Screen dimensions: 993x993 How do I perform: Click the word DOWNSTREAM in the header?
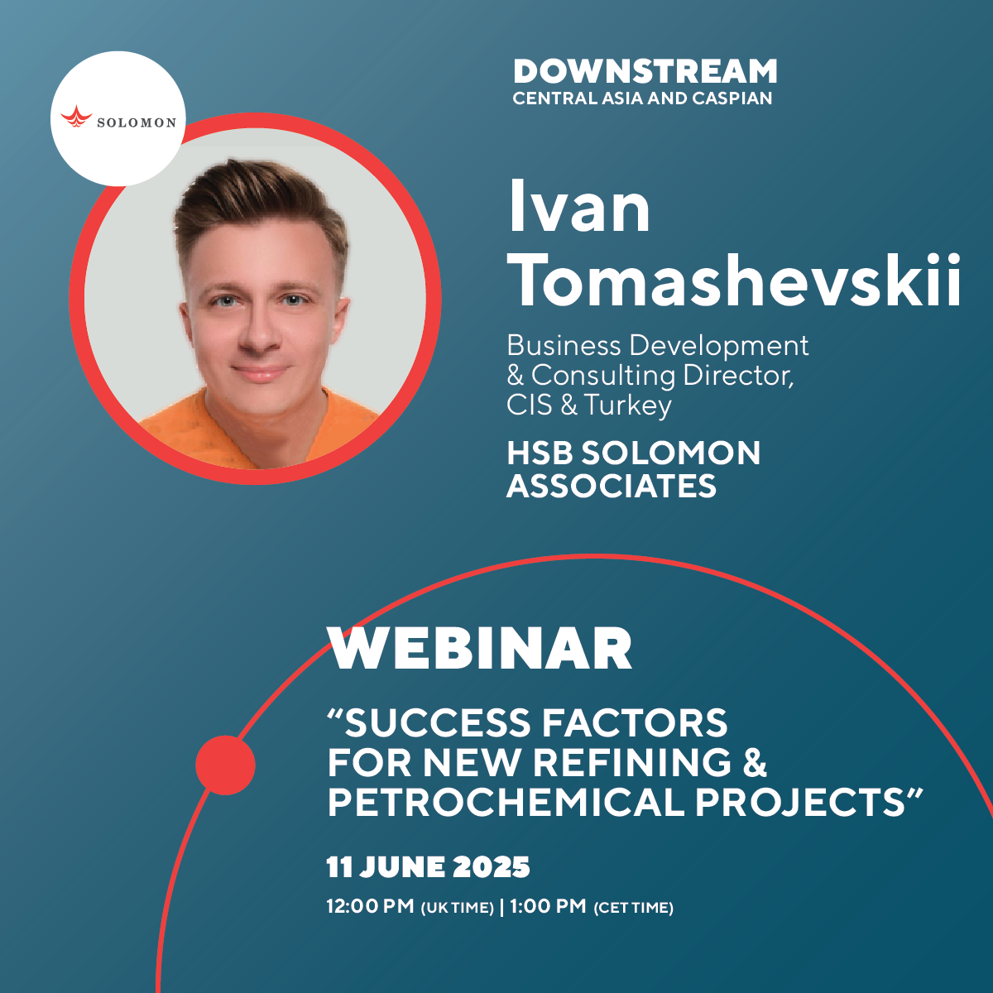point(645,71)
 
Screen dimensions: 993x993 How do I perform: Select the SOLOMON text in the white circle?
point(137,122)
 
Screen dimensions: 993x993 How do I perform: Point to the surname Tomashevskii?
point(734,281)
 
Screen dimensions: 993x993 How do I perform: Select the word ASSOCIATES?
point(612,486)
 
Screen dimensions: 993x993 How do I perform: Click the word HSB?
point(540,453)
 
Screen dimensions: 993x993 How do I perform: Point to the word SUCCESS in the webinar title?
point(437,722)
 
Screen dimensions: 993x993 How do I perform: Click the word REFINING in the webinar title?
point(631,762)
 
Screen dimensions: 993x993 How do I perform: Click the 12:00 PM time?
point(370,905)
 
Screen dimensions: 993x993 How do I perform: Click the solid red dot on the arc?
point(225,765)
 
